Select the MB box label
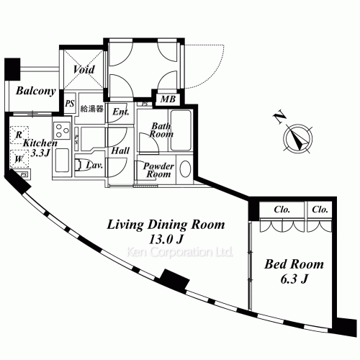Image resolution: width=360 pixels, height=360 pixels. (167, 99)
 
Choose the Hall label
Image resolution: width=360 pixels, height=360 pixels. (120, 151)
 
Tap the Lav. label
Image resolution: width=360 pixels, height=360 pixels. (94, 166)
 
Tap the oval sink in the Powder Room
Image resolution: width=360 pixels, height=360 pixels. (184, 169)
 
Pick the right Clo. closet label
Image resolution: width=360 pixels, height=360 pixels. (320, 210)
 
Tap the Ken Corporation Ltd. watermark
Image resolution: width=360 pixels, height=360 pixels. (180, 253)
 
